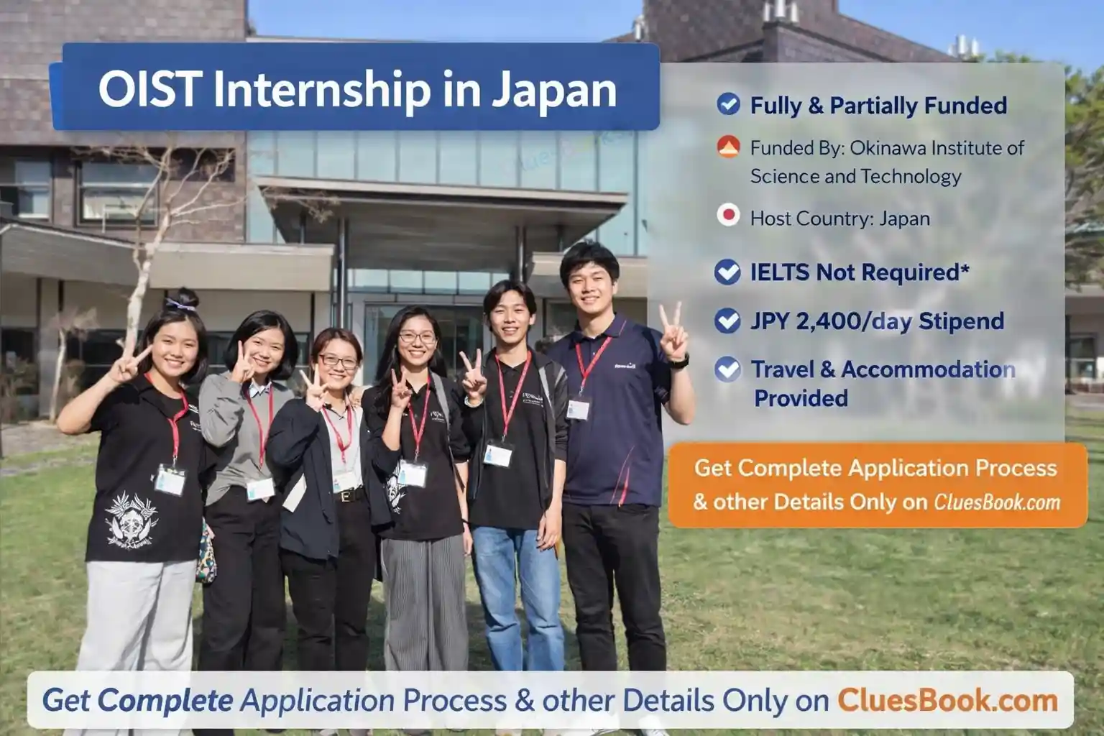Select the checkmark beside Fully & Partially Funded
point(728,104)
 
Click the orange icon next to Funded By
point(728,147)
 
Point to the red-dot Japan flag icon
point(728,216)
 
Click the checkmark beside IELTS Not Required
point(727,272)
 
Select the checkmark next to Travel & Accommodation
point(727,369)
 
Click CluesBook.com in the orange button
point(997,502)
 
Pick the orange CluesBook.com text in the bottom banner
point(948,700)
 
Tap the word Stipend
point(961,321)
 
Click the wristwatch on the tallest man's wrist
point(679,362)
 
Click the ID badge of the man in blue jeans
point(497,454)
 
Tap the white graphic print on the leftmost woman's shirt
point(131,521)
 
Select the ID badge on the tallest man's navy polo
point(578,409)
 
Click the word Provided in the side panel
point(801,398)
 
